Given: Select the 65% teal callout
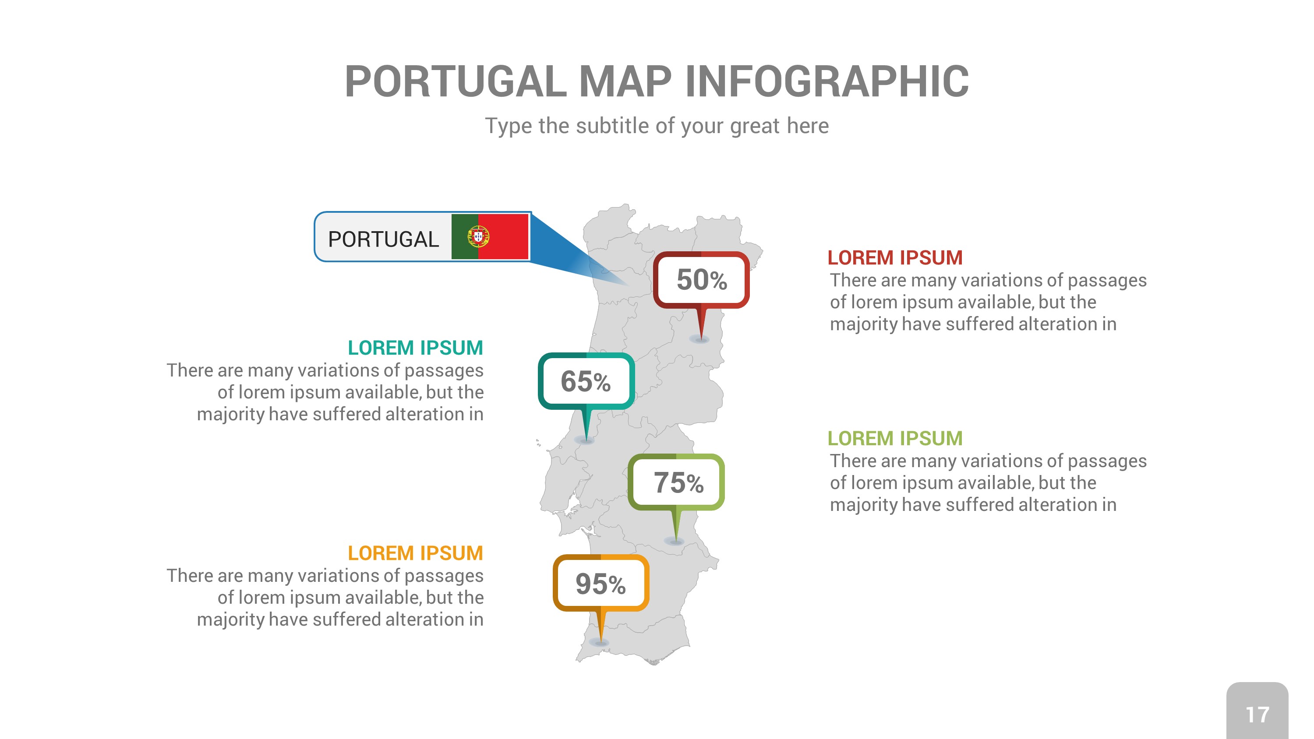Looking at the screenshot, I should [586, 381].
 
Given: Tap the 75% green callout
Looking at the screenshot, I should [676, 482].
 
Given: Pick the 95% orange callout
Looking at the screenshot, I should [601, 583].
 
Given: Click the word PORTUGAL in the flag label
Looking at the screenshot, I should [383, 239].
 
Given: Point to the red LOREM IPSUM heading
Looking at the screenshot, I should [895, 257].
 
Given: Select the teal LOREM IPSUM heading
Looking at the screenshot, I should [415, 348].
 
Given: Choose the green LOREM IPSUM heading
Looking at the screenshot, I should [895, 438].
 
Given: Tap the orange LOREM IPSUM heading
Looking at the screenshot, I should [415, 553].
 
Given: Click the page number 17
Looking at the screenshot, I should [1257, 714].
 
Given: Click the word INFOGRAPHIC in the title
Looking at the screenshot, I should [827, 81].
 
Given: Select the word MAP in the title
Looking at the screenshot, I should [625, 81].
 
